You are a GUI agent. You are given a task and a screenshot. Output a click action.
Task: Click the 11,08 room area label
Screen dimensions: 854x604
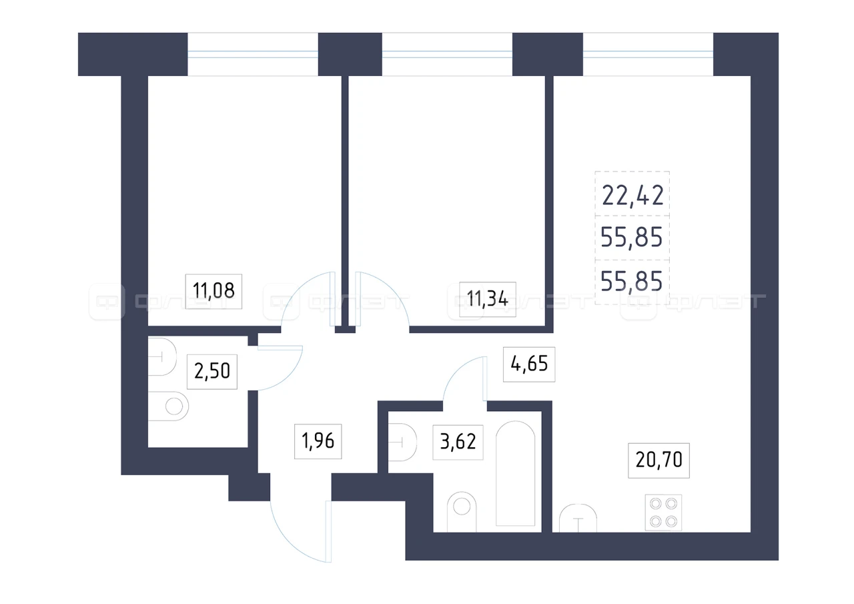[x=213, y=291]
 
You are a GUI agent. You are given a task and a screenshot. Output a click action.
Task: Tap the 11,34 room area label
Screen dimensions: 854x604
[x=488, y=299]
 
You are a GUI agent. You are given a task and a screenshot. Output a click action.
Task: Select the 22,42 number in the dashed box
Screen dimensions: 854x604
[x=633, y=196]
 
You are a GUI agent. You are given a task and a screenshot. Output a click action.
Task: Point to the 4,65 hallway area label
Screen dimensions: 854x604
[x=529, y=364]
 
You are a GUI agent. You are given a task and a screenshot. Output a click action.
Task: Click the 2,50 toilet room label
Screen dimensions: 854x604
[x=212, y=371]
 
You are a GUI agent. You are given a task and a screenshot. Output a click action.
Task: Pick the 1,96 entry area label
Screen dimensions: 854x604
[x=318, y=441]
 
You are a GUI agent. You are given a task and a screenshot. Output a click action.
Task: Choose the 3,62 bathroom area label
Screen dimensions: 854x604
[x=458, y=442]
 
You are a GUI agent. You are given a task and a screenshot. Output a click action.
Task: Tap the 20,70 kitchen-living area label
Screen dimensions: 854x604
[x=659, y=460]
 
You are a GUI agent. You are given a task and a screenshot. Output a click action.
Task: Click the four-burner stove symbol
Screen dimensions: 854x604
[x=663, y=513]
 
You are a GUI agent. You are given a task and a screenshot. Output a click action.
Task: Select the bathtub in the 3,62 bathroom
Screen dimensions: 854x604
[x=516, y=473]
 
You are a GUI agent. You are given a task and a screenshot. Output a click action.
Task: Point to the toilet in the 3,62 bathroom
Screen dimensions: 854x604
[x=462, y=512]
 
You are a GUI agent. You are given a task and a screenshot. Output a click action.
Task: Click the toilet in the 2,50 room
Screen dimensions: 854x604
[x=169, y=406]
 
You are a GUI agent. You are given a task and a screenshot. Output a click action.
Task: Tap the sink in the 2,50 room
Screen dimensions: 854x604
[x=162, y=357]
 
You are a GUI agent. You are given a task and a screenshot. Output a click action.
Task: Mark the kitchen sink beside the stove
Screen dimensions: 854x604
[x=578, y=518]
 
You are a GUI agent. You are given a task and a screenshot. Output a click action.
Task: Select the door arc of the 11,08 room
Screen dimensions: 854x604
[x=298, y=290]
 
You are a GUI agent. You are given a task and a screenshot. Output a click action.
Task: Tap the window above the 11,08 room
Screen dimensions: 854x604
[x=253, y=54]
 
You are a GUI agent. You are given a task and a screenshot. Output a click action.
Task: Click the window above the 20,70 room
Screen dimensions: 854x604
[x=648, y=54]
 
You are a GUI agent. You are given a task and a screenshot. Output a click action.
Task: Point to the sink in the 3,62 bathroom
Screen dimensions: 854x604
[x=402, y=442]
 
